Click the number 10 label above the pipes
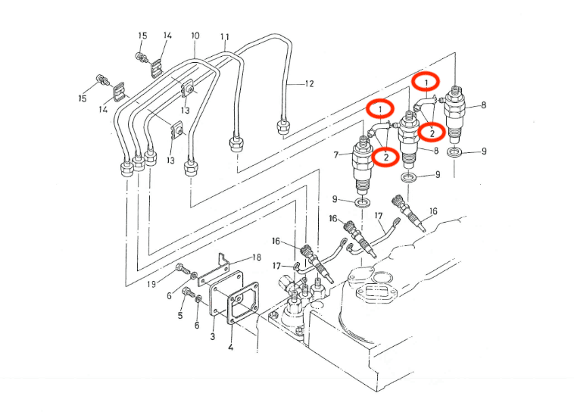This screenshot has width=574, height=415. [195, 36]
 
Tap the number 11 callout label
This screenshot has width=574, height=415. [224, 36]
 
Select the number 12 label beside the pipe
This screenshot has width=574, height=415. [309, 83]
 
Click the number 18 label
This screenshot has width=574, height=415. [257, 258]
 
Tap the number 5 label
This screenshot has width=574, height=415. [180, 314]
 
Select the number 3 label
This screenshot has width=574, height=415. [213, 335]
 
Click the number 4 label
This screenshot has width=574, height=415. [231, 349]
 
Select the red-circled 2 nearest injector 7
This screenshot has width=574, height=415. [386, 156]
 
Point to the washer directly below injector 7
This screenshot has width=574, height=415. [363, 202]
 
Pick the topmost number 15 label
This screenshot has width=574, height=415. [142, 36]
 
